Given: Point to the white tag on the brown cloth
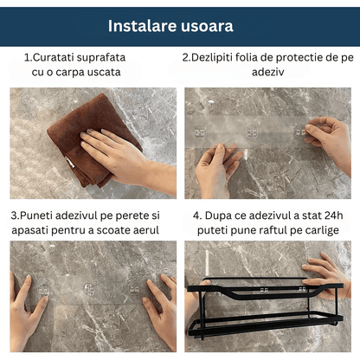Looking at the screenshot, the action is [x=69, y=162].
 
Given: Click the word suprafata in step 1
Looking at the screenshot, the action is [x=101, y=58].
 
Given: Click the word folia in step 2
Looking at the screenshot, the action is [x=247, y=57].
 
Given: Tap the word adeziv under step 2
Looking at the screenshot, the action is [x=268, y=72].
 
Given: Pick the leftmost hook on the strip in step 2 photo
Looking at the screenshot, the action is [x=200, y=132].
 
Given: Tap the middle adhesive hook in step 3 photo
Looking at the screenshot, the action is [x=89, y=289].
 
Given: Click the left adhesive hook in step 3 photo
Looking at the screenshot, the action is [x=43, y=289].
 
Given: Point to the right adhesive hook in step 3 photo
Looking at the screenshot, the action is [x=134, y=287].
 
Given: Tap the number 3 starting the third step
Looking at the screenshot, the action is [x=14, y=215].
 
